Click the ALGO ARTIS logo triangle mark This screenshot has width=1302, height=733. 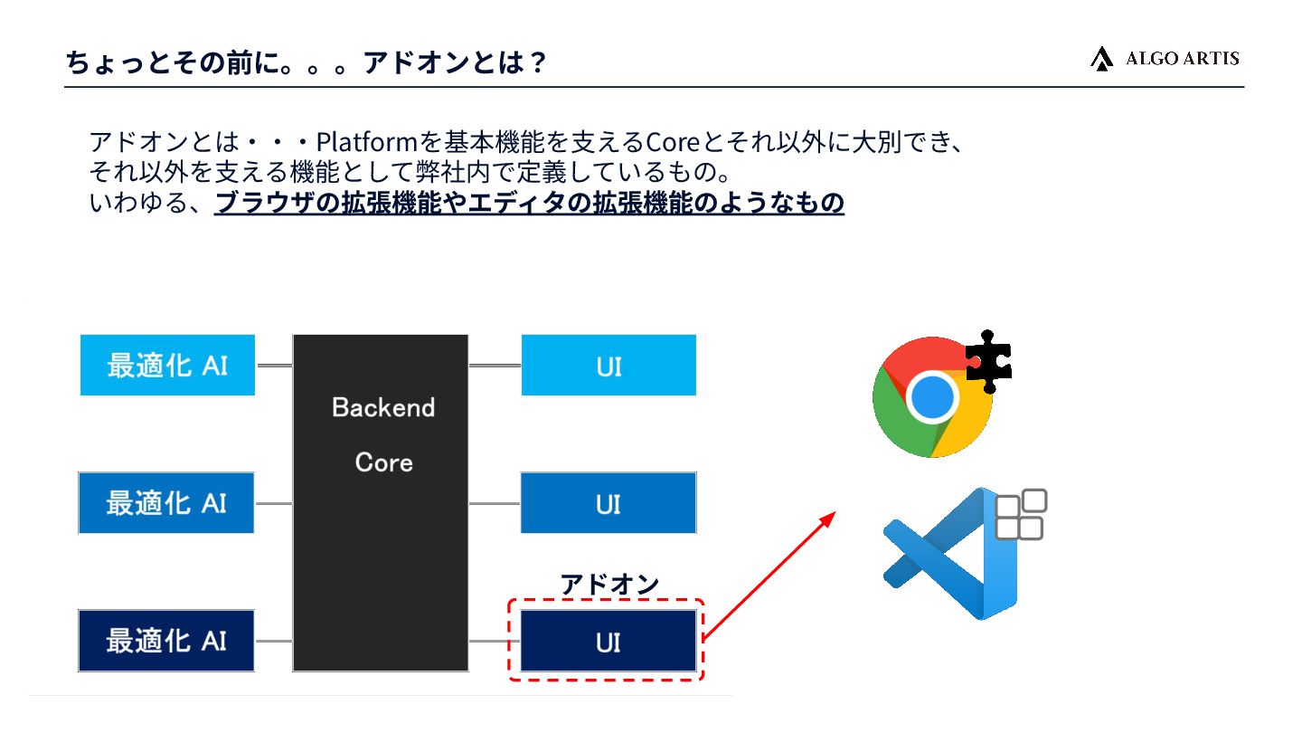pyautogui.click(x=1101, y=59)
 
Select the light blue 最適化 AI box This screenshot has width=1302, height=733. pyautogui.click(x=167, y=365)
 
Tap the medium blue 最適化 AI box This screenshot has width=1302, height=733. pyautogui.click(x=166, y=502)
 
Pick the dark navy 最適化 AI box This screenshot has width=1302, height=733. pyautogui.click(x=166, y=641)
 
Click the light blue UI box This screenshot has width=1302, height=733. pyautogui.click(x=609, y=365)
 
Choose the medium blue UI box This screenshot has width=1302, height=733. pyautogui.click(x=609, y=502)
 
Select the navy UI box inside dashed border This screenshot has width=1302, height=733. pyautogui.click(x=609, y=641)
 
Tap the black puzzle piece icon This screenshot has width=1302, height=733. pyautogui.click(x=988, y=361)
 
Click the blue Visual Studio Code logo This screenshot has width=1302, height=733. pyautogui.click(x=949, y=554)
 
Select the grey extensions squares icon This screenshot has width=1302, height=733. pyautogui.click(x=1021, y=514)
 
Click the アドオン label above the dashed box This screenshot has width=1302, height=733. pyautogui.click(x=609, y=584)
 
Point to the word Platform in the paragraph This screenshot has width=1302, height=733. pyautogui.click(x=365, y=142)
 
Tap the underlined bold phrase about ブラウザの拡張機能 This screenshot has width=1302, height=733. pyautogui.click(x=529, y=203)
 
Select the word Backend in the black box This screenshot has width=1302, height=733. pyautogui.click(x=383, y=407)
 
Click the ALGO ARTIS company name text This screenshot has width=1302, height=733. pyautogui.click(x=1182, y=59)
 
